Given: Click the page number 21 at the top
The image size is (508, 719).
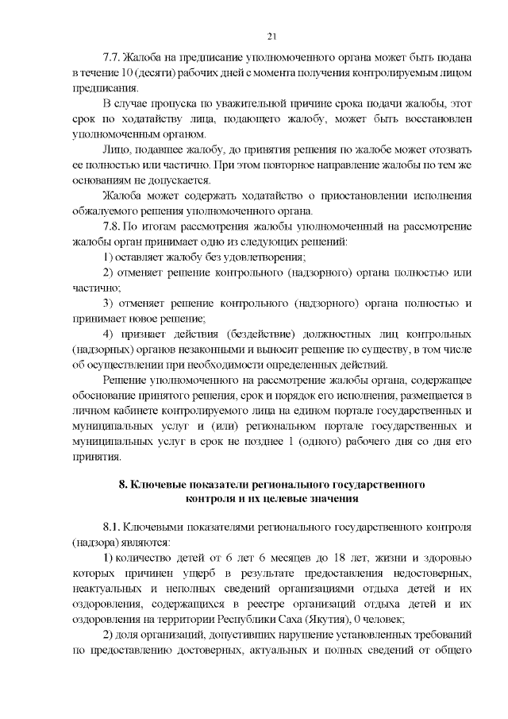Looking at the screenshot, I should [271, 36].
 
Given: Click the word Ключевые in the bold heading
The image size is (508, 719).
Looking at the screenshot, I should [160, 484].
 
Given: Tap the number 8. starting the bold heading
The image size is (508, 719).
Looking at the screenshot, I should [124, 484].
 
